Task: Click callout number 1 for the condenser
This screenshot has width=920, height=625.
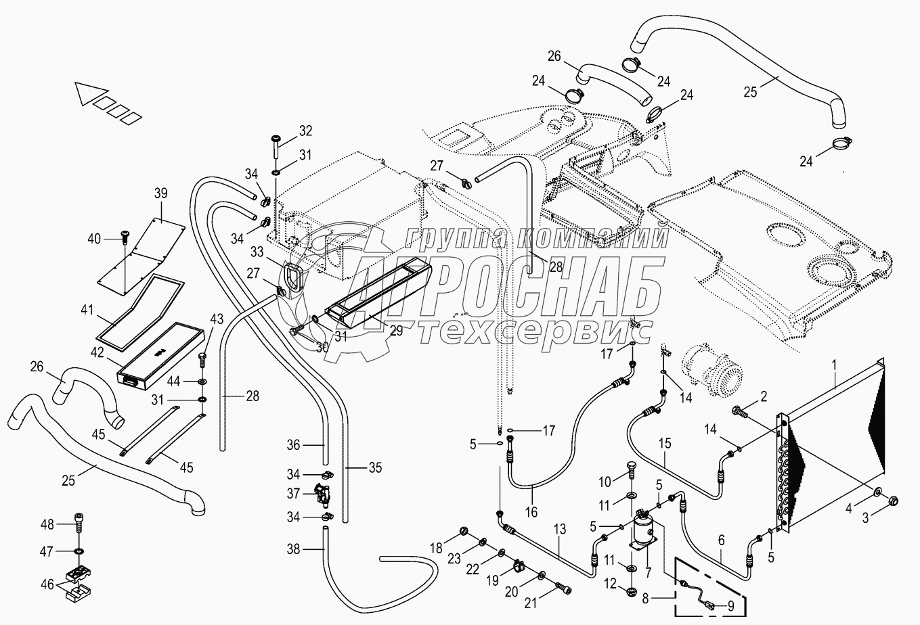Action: tap(835, 365)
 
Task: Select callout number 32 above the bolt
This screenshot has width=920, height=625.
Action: tap(306, 131)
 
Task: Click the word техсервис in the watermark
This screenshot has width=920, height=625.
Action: tap(534, 331)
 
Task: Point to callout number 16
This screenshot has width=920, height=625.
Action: tap(531, 511)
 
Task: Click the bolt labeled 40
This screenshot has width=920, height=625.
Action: tap(125, 234)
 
